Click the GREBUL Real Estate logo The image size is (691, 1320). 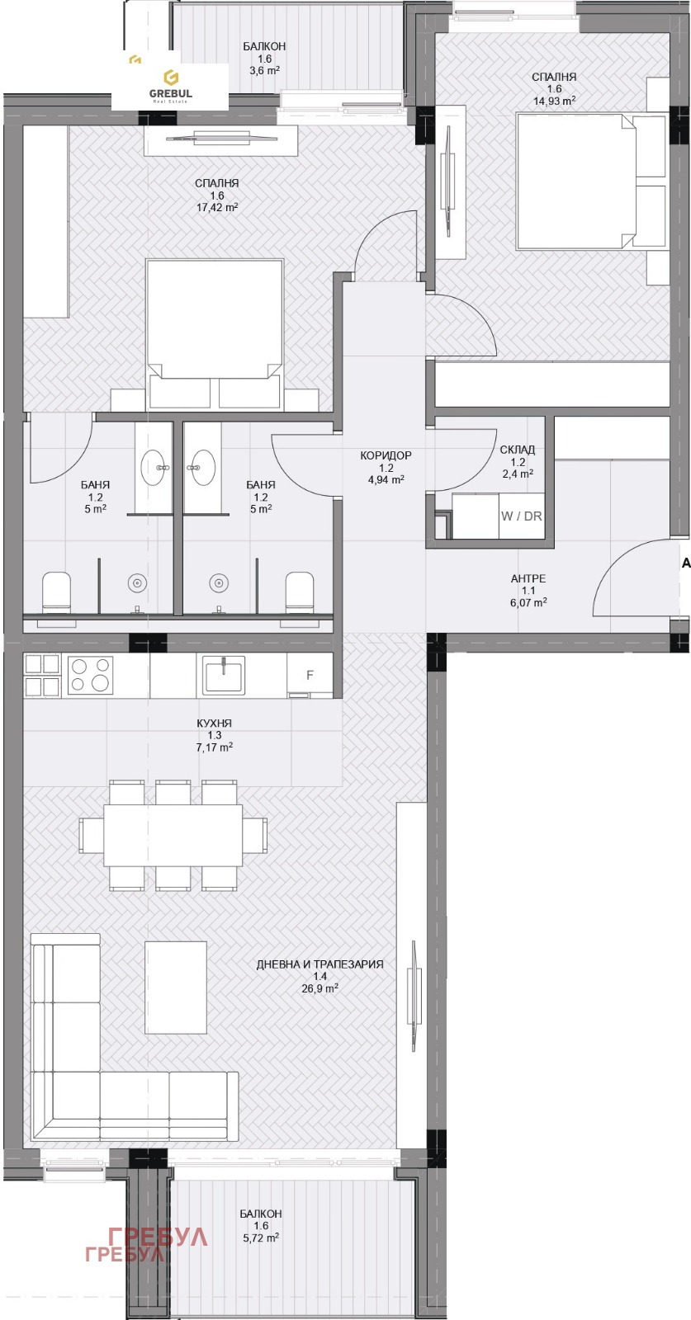170,86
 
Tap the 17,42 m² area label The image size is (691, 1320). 218,207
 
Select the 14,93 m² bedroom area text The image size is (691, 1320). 554,101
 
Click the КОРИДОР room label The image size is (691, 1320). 386,455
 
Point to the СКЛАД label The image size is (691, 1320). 518,450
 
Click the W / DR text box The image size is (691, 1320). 521,516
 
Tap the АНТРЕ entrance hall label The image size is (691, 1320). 528,578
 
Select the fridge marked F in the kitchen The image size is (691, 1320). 310,676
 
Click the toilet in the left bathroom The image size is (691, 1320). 56,589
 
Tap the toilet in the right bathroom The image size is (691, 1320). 300,589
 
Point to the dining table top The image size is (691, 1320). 173,835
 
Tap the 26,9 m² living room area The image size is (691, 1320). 319,989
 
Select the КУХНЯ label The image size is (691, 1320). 215,723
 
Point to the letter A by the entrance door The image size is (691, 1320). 686,563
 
